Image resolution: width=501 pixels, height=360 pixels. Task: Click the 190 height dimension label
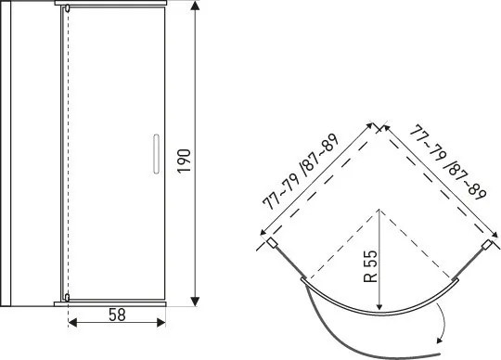[x=184, y=161]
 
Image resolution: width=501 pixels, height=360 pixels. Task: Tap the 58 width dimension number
[x=117, y=315]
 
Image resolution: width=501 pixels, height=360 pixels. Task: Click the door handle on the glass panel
[x=156, y=154]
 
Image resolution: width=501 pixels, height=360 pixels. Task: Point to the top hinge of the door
[x=68, y=8]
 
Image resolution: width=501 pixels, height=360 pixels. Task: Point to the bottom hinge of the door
[x=67, y=298]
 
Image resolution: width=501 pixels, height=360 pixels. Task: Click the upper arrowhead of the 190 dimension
[x=195, y=6]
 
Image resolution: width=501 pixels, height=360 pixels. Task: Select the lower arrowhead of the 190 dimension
[x=195, y=302]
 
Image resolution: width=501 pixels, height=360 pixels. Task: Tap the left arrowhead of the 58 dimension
[x=73, y=322]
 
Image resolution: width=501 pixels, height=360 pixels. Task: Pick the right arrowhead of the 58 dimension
[x=161, y=322]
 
